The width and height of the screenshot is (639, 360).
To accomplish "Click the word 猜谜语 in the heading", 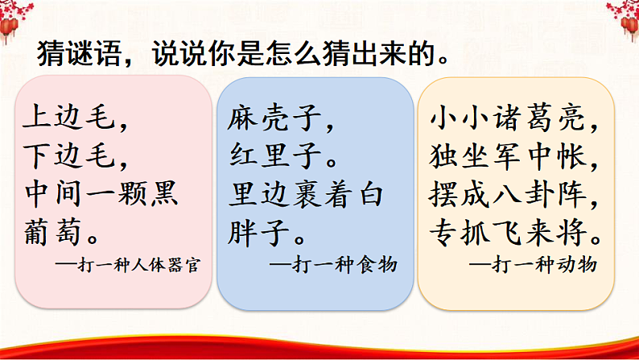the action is pos(80,54).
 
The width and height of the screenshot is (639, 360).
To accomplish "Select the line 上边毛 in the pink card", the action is pos(69,117).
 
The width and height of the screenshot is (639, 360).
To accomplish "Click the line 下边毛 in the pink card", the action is pos(69,155).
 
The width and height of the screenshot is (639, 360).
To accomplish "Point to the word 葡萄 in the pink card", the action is pos(52,232).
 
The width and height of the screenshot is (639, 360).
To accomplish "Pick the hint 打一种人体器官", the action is pos(138,265).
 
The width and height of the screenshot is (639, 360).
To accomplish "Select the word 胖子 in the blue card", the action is pos(258,233).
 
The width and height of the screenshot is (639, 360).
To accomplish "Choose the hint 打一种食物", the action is pos(344,265).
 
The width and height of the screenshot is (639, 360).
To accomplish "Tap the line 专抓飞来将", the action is pos(510,232).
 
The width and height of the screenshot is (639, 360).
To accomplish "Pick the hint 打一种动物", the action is pos(545,265).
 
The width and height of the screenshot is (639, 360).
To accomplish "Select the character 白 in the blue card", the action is pos(371,194).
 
